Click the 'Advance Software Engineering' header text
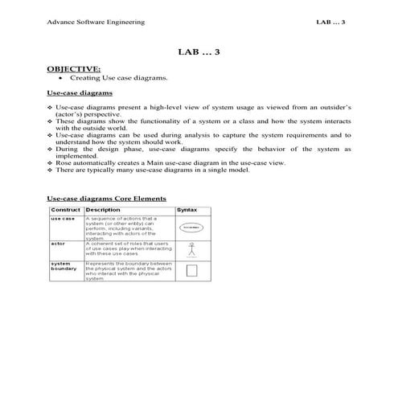[x=96, y=22]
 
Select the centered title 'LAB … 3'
[x=199, y=51]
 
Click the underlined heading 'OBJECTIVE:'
[x=75, y=69]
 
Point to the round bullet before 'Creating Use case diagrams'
[x=61, y=79]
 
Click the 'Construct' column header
[x=65, y=209]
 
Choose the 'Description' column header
[x=103, y=209]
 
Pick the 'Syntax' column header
[x=187, y=209]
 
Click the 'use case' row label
[x=63, y=219]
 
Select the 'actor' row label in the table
[x=58, y=242]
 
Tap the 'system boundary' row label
[x=63, y=267]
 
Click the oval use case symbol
[x=191, y=228]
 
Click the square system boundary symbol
[x=191, y=272]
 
